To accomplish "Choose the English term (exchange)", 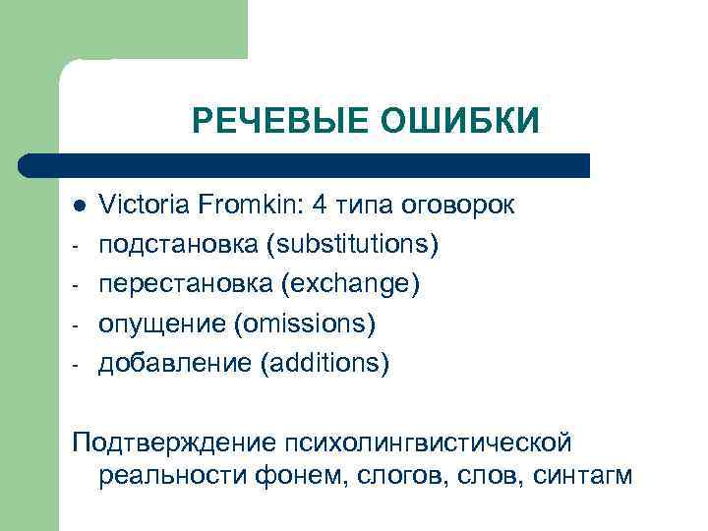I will (351, 285).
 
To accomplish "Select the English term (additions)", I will (325, 365).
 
